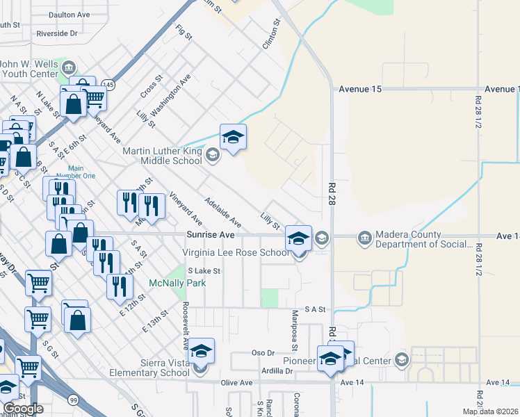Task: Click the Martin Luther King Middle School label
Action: tap(162, 156)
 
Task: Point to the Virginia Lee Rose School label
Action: tap(235, 252)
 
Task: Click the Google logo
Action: tap(23, 409)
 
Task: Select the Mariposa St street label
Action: tap(295, 331)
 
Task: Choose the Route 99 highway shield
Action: tap(73, 399)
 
